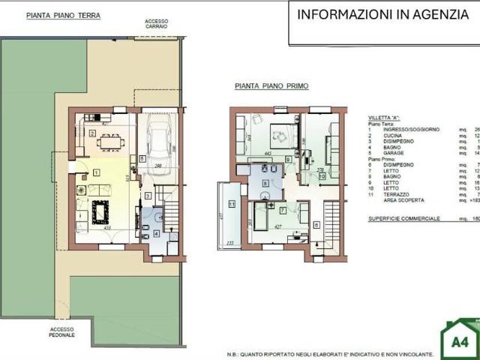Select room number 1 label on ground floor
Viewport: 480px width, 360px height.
point(96,173)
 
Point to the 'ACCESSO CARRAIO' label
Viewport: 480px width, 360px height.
point(157,24)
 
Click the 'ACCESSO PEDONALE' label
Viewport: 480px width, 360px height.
point(62,331)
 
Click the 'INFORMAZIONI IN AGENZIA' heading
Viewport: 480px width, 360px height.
point(382,15)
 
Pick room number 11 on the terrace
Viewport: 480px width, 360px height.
point(232,204)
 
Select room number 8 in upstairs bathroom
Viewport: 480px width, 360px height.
point(265,183)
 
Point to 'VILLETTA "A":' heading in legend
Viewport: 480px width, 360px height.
point(385,118)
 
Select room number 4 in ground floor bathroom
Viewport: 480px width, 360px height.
point(156,233)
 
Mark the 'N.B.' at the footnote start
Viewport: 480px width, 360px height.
point(234,353)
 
